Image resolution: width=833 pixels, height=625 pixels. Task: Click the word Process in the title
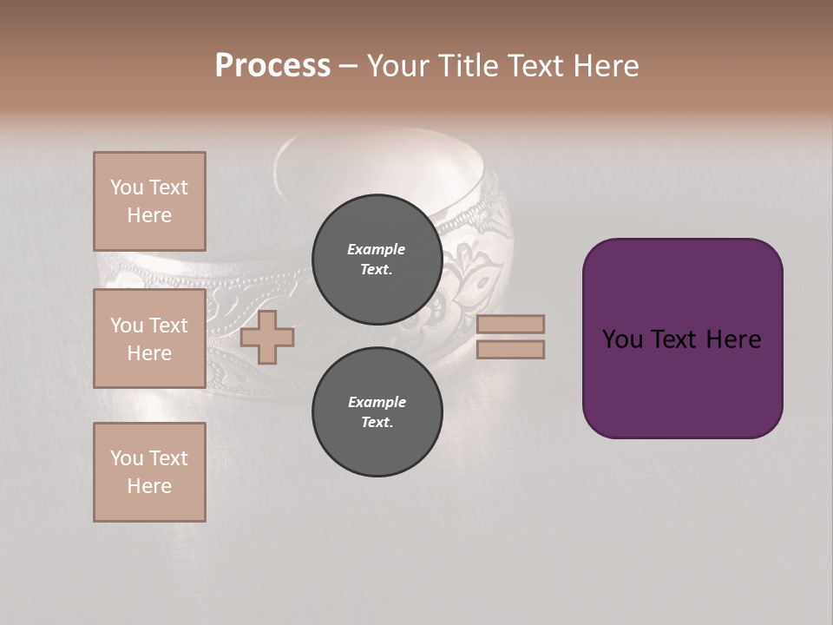click(x=272, y=65)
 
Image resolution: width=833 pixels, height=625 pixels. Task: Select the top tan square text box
click(x=149, y=201)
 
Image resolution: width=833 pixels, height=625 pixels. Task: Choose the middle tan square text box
click(x=149, y=339)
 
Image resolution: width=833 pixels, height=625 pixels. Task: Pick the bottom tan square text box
click(x=149, y=471)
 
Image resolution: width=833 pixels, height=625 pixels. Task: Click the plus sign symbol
click(x=267, y=337)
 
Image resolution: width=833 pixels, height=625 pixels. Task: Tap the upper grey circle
click(x=377, y=260)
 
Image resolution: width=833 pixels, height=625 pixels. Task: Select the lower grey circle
click(x=377, y=412)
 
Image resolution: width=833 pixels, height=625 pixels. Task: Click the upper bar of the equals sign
click(x=510, y=324)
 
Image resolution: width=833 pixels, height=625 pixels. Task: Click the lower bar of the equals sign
click(x=510, y=349)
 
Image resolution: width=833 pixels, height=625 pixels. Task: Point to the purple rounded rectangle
click(x=682, y=382)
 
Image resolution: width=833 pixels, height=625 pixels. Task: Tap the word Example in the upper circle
click(x=377, y=249)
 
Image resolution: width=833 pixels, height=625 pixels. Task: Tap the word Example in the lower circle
click(x=377, y=402)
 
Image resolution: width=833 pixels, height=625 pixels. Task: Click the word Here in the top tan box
click(x=149, y=215)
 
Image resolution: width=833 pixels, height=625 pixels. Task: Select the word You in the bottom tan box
click(x=127, y=457)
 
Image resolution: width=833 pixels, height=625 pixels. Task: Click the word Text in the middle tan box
click(x=168, y=326)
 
